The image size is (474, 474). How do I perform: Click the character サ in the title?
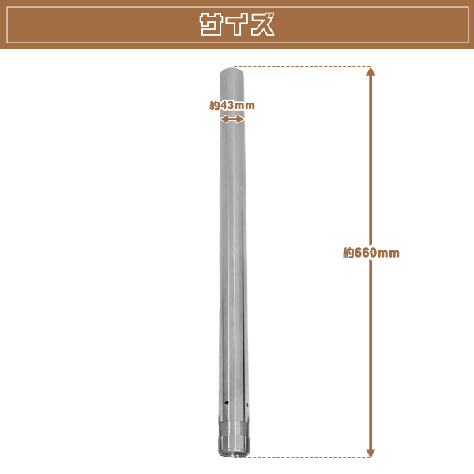pos(211,24)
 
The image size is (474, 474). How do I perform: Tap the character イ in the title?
pos(237,24)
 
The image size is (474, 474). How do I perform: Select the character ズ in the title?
pos(262,24)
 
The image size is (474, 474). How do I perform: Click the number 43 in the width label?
pos(227,105)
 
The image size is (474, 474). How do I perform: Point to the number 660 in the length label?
pos(365,253)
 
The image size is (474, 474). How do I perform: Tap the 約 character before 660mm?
pos(348,253)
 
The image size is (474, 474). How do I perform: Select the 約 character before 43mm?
pos(215,105)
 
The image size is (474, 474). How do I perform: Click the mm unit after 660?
pos(388,254)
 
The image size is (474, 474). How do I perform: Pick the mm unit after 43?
pos(245,106)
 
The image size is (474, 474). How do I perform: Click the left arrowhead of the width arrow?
pos(223,119)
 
